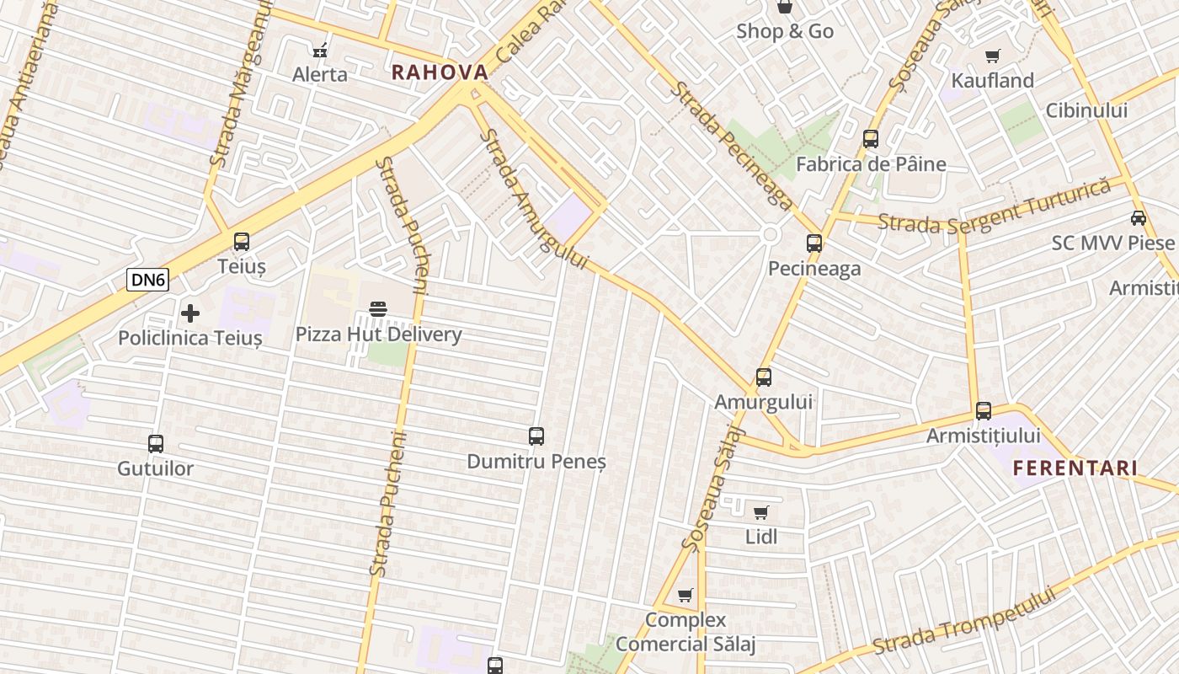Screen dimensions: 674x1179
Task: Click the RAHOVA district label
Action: pos(440,72)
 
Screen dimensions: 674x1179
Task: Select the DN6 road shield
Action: pos(147,280)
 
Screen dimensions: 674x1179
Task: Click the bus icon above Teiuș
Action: pos(242,242)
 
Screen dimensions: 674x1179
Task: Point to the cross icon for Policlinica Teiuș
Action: pos(190,314)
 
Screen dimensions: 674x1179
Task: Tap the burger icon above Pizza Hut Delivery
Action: pos(378,309)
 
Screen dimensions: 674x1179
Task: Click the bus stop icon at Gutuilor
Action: pos(156,444)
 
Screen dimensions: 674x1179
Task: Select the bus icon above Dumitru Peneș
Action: pos(536,436)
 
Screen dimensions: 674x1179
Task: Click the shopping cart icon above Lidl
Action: pos(761,512)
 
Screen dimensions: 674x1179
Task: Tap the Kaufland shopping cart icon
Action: pos(993,56)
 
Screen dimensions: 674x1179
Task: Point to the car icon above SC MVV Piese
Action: pos(1139,218)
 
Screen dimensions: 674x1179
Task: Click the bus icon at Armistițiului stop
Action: pos(984,411)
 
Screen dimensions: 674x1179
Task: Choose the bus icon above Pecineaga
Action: pos(814,243)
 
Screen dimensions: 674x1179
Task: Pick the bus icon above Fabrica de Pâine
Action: pos(871,139)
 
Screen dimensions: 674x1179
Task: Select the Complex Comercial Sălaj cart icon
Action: pos(686,596)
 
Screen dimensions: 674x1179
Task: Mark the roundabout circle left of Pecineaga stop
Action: pos(770,235)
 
